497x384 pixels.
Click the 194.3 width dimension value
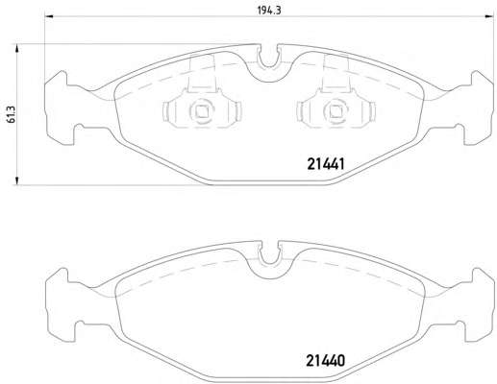pos(269,11)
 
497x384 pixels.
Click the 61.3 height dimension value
pos(11,114)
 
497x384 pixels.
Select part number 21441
pos(326,164)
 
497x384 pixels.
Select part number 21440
pos(325,361)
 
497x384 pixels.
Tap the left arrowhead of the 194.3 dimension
pos(48,16)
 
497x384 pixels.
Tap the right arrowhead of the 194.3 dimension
pos(489,16)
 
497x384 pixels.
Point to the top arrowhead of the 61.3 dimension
pos(16,48)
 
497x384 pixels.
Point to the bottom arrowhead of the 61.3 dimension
pos(16,180)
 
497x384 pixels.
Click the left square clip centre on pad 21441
pos(202,111)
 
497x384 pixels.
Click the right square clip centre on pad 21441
pos(335,111)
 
